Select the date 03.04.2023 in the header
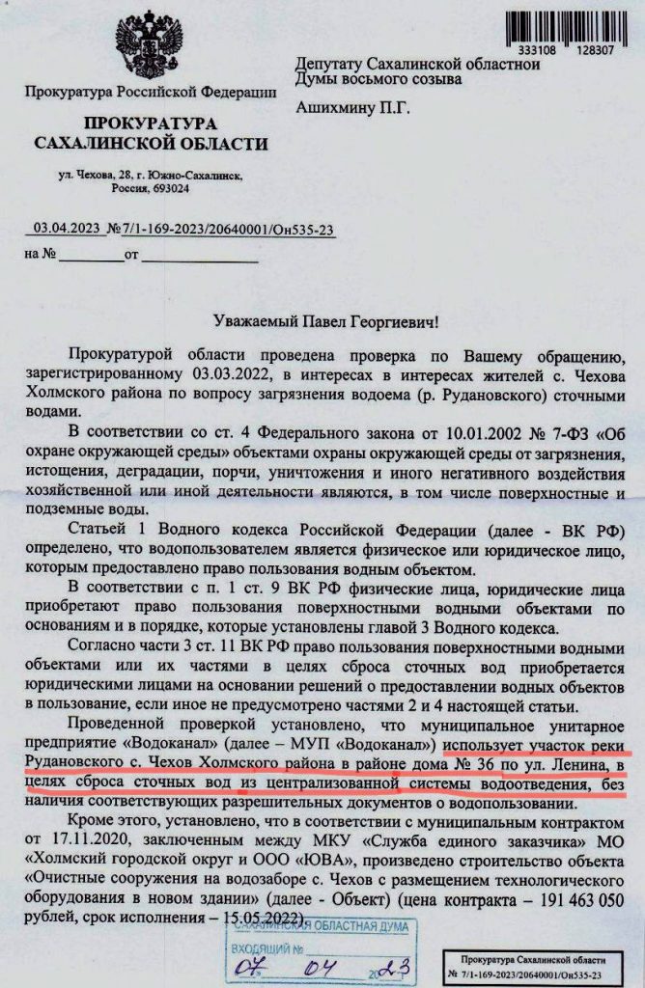[67, 229]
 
